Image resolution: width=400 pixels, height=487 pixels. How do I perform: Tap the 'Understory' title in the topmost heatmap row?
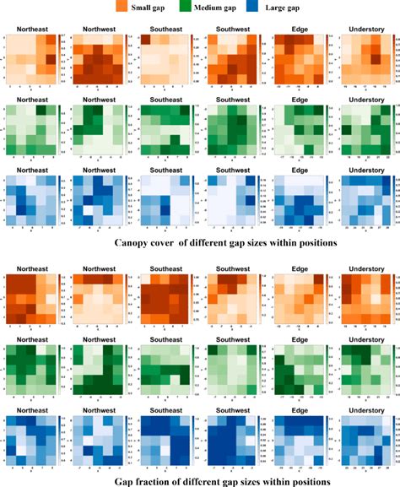pyautogui.click(x=368, y=29)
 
